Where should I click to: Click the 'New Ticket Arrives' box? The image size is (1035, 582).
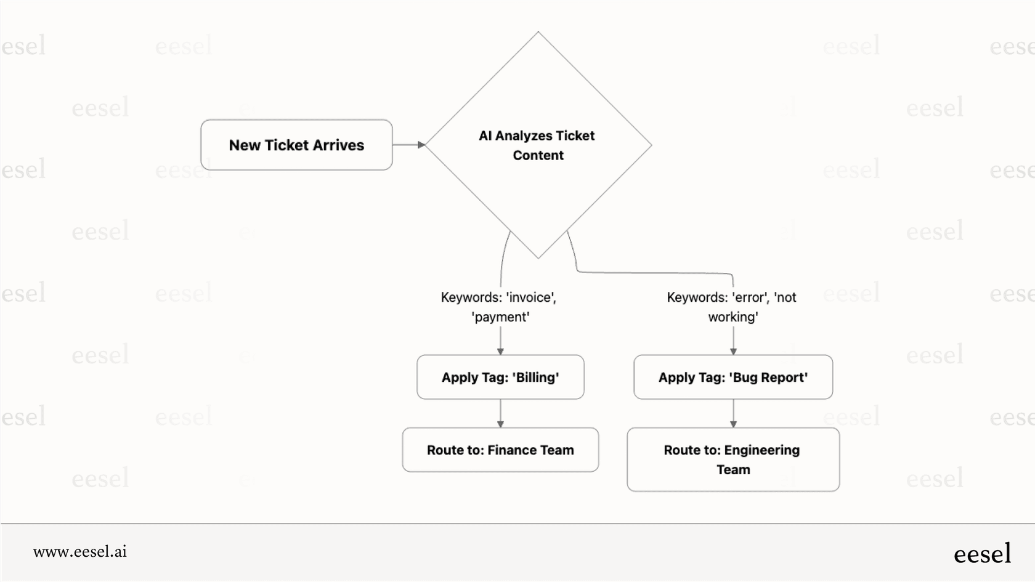[x=296, y=145]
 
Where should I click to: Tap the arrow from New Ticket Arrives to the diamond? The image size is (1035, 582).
[x=408, y=145]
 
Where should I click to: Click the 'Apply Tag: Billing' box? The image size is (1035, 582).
[x=500, y=377]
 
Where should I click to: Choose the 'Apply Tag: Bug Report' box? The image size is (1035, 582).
[x=733, y=377]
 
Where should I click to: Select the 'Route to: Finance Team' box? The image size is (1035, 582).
[x=500, y=450]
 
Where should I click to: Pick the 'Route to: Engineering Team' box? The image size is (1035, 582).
[x=733, y=459]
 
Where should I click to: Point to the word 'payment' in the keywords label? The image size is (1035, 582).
[x=500, y=317]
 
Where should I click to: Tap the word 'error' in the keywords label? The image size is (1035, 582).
[x=750, y=297]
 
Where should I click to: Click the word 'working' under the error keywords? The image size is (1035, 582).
[x=733, y=317]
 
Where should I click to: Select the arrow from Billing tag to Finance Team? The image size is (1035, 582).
[x=500, y=413]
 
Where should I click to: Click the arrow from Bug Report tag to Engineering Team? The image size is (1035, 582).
[x=733, y=413]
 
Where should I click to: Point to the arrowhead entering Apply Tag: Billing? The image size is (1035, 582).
[x=500, y=351]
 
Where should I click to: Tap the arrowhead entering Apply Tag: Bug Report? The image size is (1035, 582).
[x=733, y=351]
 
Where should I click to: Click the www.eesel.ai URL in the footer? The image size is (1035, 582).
[x=80, y=551]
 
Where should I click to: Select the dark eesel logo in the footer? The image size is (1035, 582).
[x=982, y=554]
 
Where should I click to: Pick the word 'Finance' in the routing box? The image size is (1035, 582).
[x=512, y=450]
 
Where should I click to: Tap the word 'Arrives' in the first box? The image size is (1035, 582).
[x=339, y=145]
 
